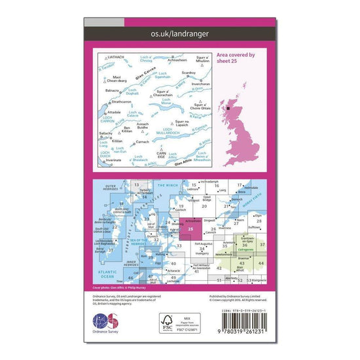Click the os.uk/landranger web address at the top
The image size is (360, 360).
point(179,31)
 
